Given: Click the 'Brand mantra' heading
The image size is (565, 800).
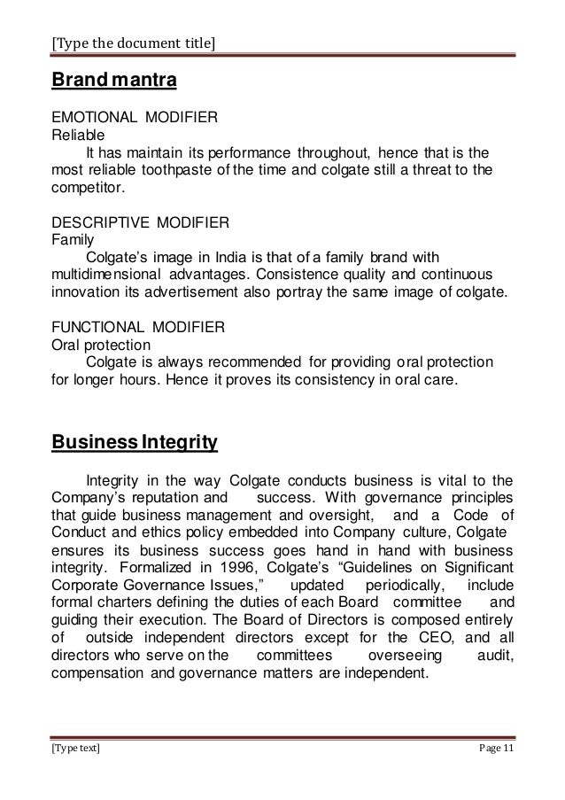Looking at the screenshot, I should (115, 82).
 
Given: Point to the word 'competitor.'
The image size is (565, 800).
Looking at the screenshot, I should (89, 188).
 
